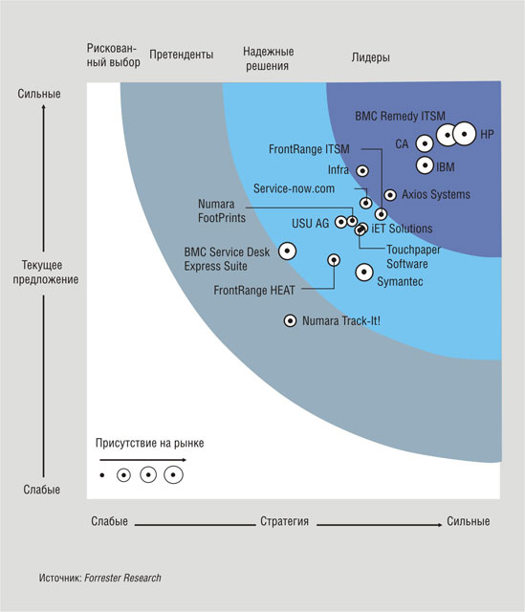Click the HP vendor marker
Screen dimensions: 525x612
[x=465, y=134]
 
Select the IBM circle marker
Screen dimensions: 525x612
[x=425, y=165]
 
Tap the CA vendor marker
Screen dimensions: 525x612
[x=425, y=143]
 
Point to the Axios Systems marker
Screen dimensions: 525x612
[x=390, y=195]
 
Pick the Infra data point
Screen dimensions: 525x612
[x=362, y=170]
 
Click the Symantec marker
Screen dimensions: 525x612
[x=364, y=272]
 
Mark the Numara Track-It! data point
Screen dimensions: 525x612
[x=290, y=321]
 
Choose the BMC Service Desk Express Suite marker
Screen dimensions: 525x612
[x=287, y=251]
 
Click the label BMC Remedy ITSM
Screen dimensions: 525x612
[x=400, y=116]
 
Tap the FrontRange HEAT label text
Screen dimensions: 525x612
[x=254, y=291]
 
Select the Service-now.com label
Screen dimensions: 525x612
[x=294, y=188]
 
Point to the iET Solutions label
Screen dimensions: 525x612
[x=402, y=229]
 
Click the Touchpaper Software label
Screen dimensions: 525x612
[x=413, y=257]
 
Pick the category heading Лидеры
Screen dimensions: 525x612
[x=370, y=57]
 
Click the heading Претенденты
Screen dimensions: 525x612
[x=182, y=55]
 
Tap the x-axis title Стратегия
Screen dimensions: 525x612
[x=285, y=521]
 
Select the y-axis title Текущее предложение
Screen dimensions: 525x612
[x=46, y=272]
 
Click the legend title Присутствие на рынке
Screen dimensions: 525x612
[x=149, y=443]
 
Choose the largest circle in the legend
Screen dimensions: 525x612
[x=173, y=475]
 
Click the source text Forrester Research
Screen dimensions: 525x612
[x=122, y=578]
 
